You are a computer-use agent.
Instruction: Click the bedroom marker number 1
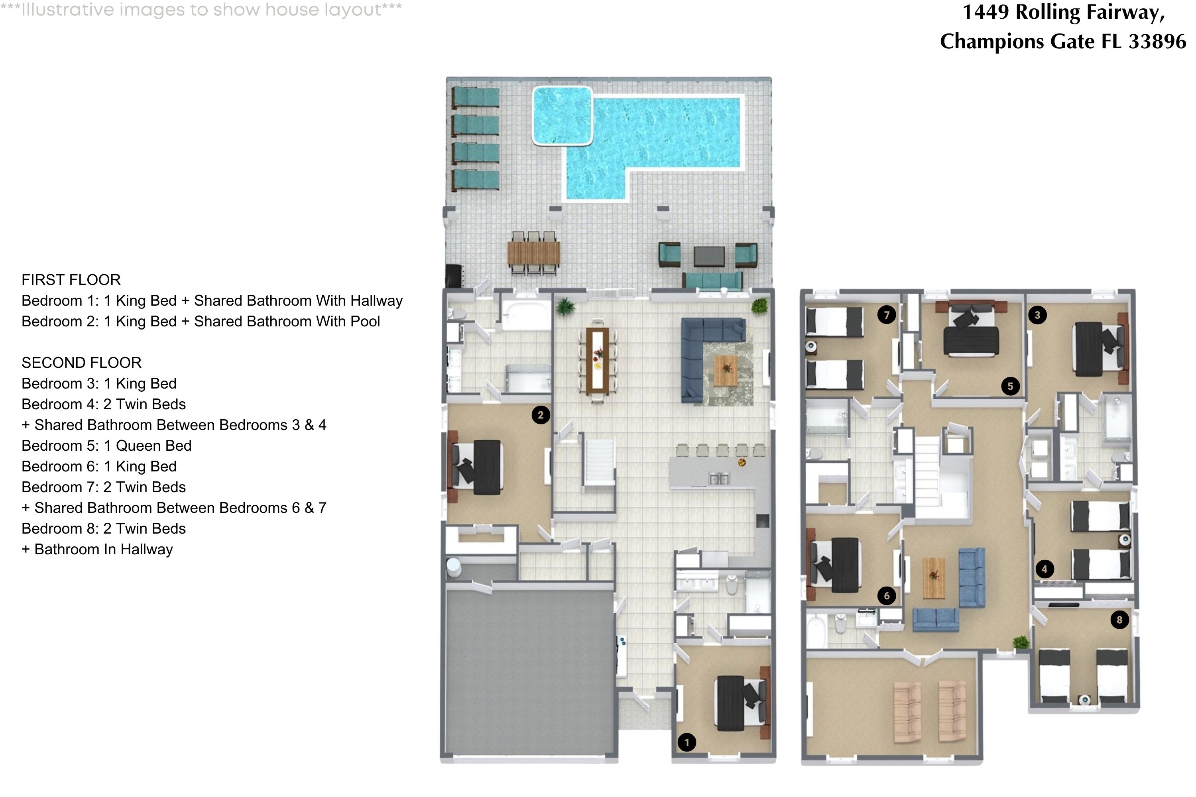coord(687,742)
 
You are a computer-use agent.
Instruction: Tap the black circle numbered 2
coord(541,415)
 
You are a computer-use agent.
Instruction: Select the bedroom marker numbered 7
coord(887,315)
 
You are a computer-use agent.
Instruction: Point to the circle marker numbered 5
coord(1010,386)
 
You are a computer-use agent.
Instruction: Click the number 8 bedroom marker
coord(1119,620)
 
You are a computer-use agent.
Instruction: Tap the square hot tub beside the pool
coord(563,116)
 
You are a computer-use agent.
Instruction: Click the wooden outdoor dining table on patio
coord(533,253)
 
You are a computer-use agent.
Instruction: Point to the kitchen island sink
coord(718,479)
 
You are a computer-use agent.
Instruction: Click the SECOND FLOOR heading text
coord(81,362)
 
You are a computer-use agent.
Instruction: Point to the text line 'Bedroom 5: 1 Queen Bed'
coord(106,446)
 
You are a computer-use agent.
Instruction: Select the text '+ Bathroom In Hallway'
coord(97,550)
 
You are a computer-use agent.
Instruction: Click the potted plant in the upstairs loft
coord(1020,642)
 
